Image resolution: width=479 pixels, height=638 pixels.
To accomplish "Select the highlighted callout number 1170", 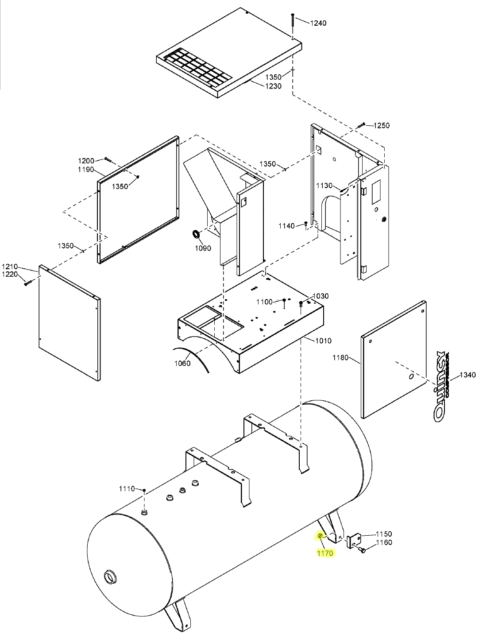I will [325, 553].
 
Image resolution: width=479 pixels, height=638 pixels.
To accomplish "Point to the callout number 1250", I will [381, 126].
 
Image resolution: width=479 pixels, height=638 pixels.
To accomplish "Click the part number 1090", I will [203, 248].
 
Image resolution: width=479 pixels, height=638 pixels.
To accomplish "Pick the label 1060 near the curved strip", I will [182, 363].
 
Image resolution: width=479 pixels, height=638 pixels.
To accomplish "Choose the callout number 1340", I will [467, 375].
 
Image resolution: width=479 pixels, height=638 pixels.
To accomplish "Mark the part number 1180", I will [341, 357].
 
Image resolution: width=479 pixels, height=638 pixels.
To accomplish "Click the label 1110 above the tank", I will [127, 489].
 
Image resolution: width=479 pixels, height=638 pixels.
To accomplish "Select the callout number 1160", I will [384, 542].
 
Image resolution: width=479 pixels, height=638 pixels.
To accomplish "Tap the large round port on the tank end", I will [109, 577].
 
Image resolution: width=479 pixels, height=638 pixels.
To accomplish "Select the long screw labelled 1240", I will [292, 26].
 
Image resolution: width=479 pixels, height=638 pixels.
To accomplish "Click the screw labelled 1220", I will [27, 282].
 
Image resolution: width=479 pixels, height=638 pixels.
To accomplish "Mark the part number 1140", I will [286, 226].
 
